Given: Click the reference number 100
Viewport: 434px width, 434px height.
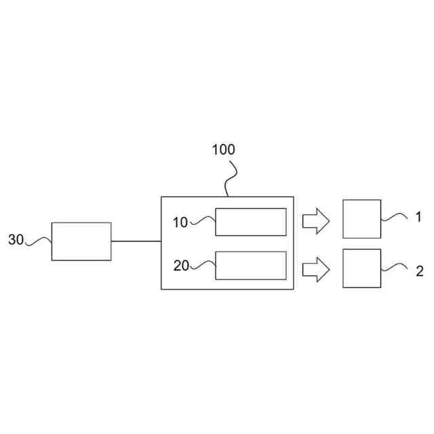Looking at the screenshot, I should (x=223, y=150).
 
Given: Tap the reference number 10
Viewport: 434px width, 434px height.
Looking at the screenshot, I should (x=180, y=222).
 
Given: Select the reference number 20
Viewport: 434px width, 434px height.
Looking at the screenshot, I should (x=180, y=266).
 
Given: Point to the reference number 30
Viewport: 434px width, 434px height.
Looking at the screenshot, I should (x=16, y=239).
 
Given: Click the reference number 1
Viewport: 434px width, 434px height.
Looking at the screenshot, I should (x=419, y=217).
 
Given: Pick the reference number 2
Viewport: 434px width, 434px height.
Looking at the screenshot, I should (x=419, y=271).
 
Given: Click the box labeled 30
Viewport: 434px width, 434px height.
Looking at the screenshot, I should (x=81, y=241).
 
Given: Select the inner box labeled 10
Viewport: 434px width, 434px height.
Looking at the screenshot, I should (x=250, y=222).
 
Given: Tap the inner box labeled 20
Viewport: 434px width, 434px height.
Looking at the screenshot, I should (x=250, y=265).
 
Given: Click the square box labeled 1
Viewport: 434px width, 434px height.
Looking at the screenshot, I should (x=361, y=219).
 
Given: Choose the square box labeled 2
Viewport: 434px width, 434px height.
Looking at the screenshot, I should (x=361, y=268).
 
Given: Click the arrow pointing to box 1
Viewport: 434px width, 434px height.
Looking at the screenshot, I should (x=315, y=220).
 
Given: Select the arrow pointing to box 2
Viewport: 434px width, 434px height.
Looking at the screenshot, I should (x=315, y=270).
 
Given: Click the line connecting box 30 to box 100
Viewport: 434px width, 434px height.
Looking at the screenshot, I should (x=136, y=241).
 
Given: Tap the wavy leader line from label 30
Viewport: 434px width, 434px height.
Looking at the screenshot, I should (x=39, y=241).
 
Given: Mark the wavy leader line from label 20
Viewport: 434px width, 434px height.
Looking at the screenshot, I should (x=202, y=265).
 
